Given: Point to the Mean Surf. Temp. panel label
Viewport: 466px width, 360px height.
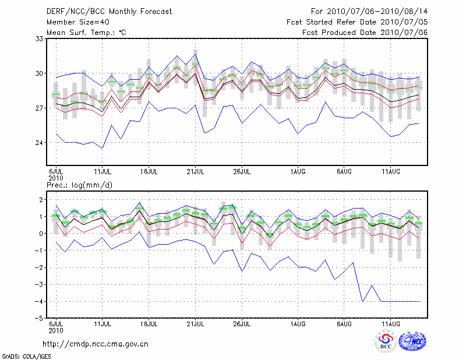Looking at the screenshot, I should (86, 32).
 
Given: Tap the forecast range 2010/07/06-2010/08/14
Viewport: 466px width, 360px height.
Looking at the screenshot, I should (369, 11).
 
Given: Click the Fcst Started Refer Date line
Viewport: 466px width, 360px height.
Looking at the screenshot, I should (357, 22).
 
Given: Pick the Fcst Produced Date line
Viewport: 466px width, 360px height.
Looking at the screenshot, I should (365, 32).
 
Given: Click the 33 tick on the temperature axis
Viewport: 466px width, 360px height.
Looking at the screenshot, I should (40, 38).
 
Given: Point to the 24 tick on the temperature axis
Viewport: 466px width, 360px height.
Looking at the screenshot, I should (40, 143).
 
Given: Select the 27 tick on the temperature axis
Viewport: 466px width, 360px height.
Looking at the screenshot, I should (40, 108).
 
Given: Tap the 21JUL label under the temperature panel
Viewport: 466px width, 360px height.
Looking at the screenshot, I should (196, 172).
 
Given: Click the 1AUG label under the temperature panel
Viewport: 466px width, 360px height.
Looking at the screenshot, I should (298, 172).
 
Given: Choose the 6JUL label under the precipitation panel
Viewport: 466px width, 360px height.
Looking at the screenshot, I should (56, 324).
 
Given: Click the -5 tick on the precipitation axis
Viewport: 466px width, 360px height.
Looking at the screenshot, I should (39, 319).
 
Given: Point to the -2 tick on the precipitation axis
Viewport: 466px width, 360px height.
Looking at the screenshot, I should (39, 267).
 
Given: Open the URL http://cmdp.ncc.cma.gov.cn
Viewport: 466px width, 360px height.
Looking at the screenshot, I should (96, 344).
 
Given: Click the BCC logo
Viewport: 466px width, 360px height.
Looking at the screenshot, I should (386, 343).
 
